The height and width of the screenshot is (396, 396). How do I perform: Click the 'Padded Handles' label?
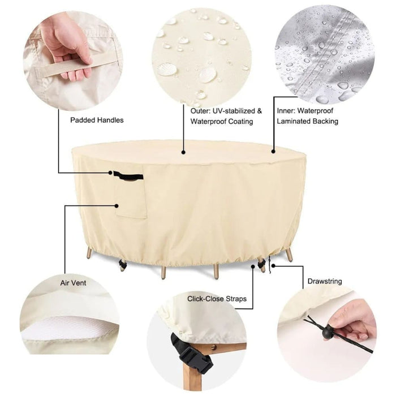97,120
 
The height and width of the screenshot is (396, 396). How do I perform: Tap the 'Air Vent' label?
74,281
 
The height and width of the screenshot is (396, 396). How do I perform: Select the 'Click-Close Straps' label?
217,298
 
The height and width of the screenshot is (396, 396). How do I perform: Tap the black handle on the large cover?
127,175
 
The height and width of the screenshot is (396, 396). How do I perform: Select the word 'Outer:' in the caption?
201,111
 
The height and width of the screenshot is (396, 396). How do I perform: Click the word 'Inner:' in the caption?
287,111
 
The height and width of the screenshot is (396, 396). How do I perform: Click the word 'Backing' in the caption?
326,121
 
